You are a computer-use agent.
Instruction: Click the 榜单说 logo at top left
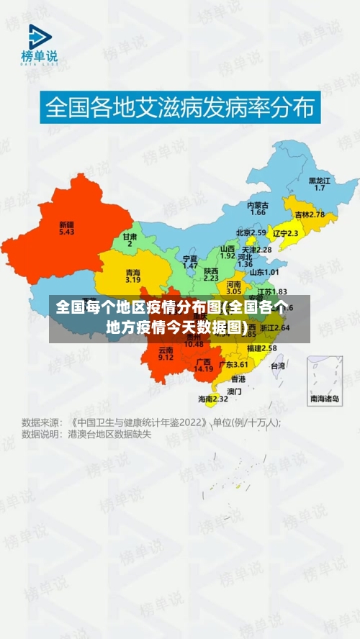[x=39, y=45]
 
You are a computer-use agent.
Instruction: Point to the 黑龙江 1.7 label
[x=320, y=183]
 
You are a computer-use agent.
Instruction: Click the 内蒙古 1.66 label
[x=257, y=209]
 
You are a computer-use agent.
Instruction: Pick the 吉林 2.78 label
[x=310, y=214]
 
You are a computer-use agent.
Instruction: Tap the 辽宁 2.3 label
[x=286, y=233]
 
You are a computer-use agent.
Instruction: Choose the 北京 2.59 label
[x=251, y=233]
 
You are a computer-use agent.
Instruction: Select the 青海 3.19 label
[x=132, y=276]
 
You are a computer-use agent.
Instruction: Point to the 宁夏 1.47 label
[x=190, y=262]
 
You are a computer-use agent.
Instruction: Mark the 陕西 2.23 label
[x=211, y=274]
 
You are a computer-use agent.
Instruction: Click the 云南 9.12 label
[x=166, y=353]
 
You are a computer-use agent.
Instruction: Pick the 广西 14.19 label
[x=203, y=365]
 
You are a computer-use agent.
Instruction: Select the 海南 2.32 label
[x=212, y=398]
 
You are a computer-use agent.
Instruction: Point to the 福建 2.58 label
[x=261, y=348]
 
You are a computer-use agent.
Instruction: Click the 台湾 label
[x=277, y=366]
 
